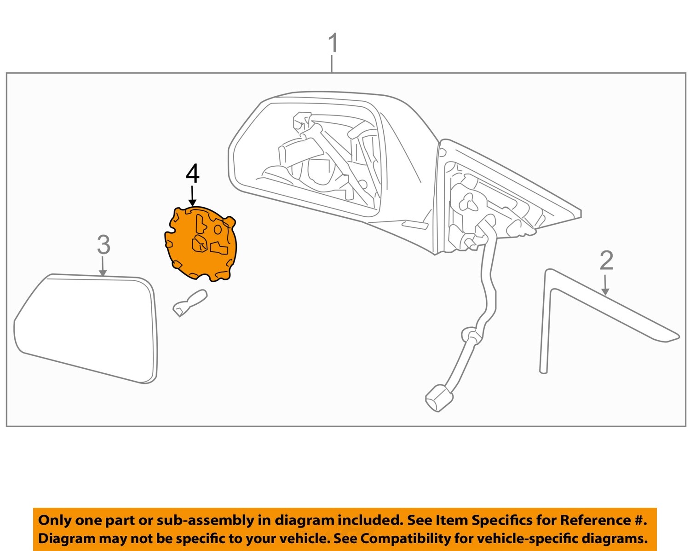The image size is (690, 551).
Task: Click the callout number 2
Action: click(606, 261)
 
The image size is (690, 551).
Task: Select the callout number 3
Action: click(103, 244)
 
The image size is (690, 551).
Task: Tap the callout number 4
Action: click(193, 174)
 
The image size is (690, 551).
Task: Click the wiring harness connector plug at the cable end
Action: click(438, 397)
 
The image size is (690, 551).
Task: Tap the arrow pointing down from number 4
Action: click(193, 196)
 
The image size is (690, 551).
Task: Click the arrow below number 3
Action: click(103, 267)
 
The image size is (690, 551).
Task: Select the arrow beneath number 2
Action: click(605, 285)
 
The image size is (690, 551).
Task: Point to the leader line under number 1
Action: click(332, 64)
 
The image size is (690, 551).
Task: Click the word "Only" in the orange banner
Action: click(55, 521)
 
